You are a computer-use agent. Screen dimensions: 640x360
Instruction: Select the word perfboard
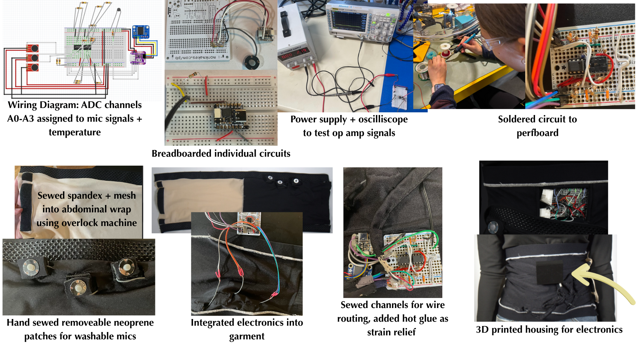coord(537,133)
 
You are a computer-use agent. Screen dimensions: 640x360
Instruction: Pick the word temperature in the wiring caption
coord(75,132)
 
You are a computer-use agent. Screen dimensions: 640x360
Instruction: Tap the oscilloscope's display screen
coord(348,20)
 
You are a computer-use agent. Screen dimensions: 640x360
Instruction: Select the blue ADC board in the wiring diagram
coord(141,32)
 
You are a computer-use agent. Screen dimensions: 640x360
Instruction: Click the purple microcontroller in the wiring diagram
coord(138,57)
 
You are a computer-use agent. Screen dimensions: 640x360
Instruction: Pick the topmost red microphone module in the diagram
coord(32,48)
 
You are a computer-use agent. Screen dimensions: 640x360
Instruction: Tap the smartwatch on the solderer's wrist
coord(438,87)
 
